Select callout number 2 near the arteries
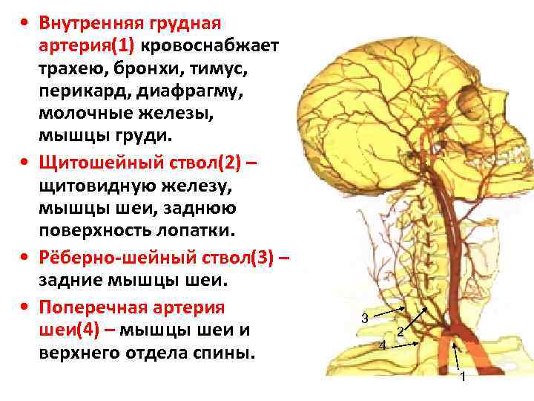click(400, 331)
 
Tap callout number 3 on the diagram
click(364, 319)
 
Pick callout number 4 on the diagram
click(382, 346)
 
